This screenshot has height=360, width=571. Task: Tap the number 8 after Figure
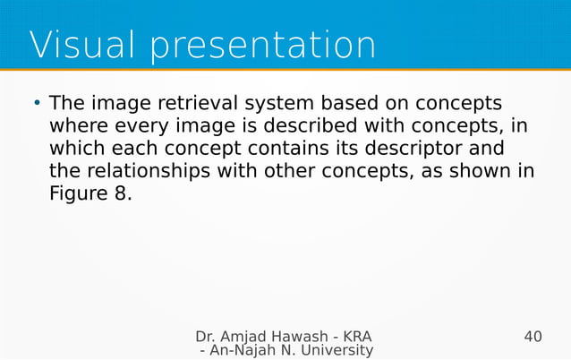point(123,192)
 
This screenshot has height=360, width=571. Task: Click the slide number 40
point(533,337)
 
